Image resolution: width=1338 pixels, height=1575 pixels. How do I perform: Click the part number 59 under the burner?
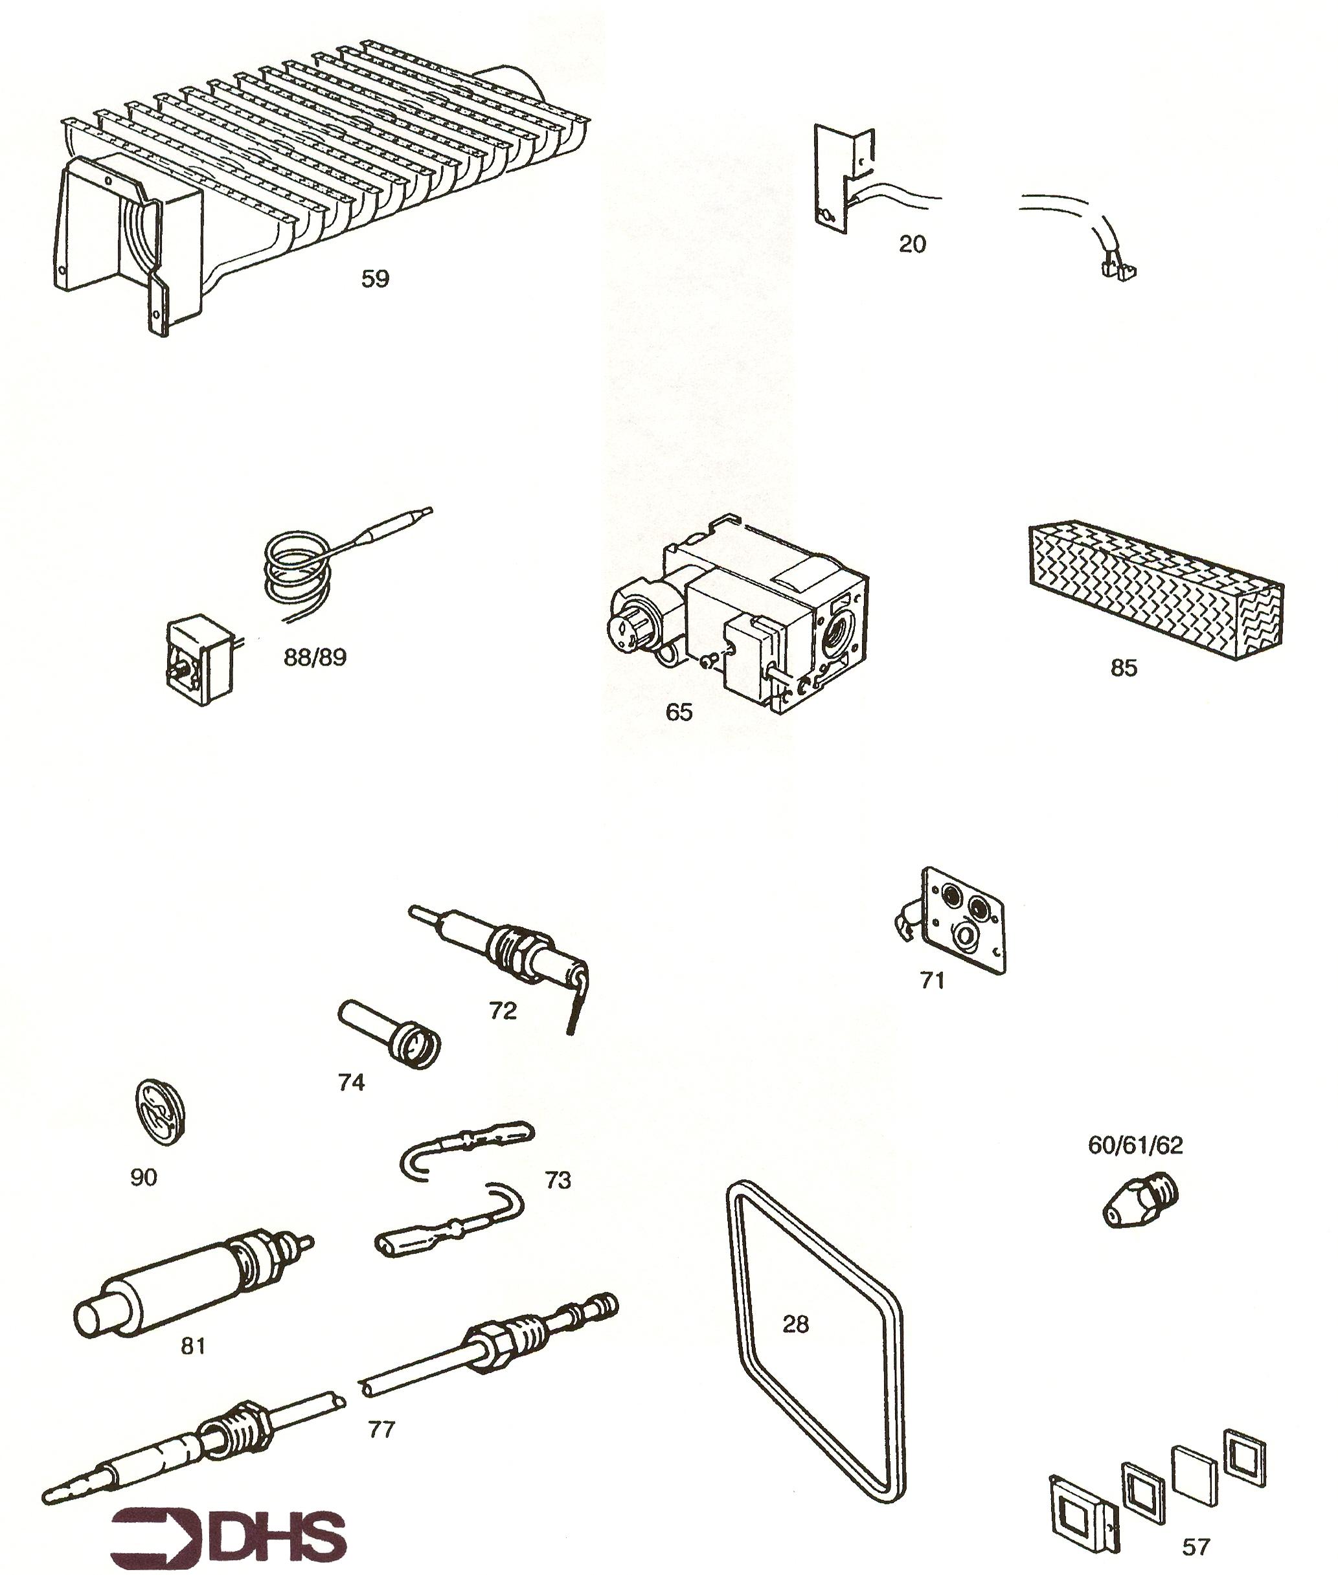click(375, 279)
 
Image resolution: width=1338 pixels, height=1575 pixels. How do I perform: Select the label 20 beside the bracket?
click(913, 244)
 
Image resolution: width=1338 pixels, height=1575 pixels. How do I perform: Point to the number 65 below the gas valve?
click(679, 712)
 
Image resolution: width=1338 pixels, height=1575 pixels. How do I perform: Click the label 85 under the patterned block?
click(1124, 667)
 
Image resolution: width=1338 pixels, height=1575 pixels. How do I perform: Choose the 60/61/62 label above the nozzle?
click(1135, 1145)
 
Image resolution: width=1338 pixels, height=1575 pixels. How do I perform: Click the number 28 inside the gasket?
click(796, 1324)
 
